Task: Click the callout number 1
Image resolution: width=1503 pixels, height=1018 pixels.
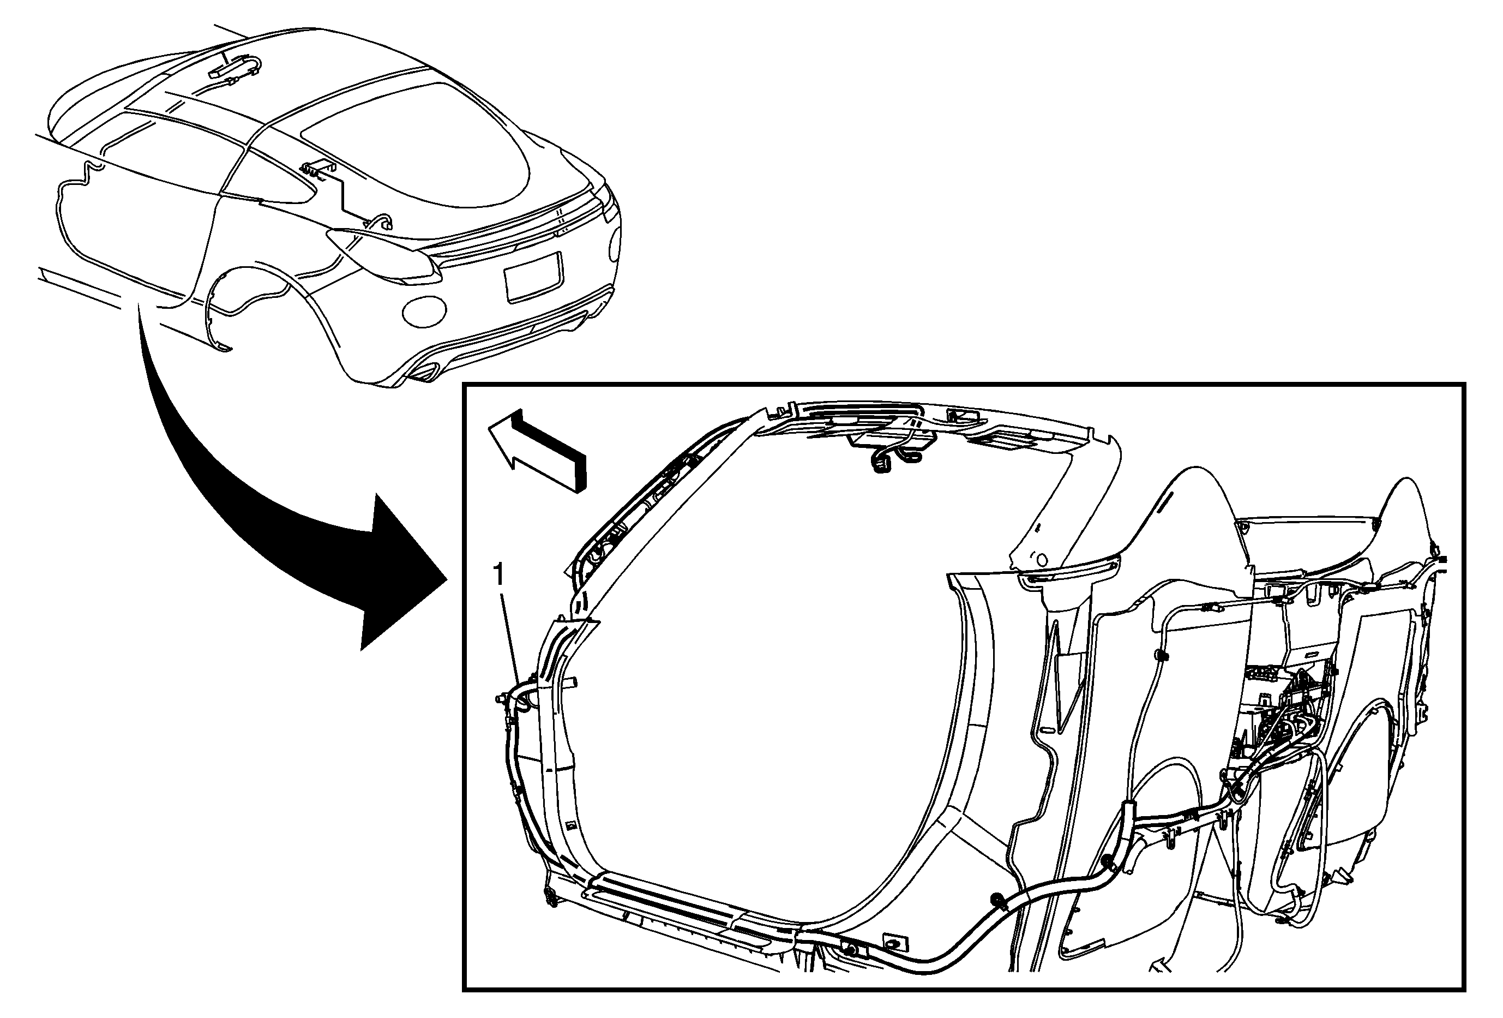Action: pyautogui.click(x=498, y=574)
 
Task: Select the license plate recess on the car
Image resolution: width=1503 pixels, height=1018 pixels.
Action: pyautogui.click(x=533, y=276)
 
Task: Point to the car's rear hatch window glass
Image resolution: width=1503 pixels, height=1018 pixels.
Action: pyautogui.click(x=414, y=139)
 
